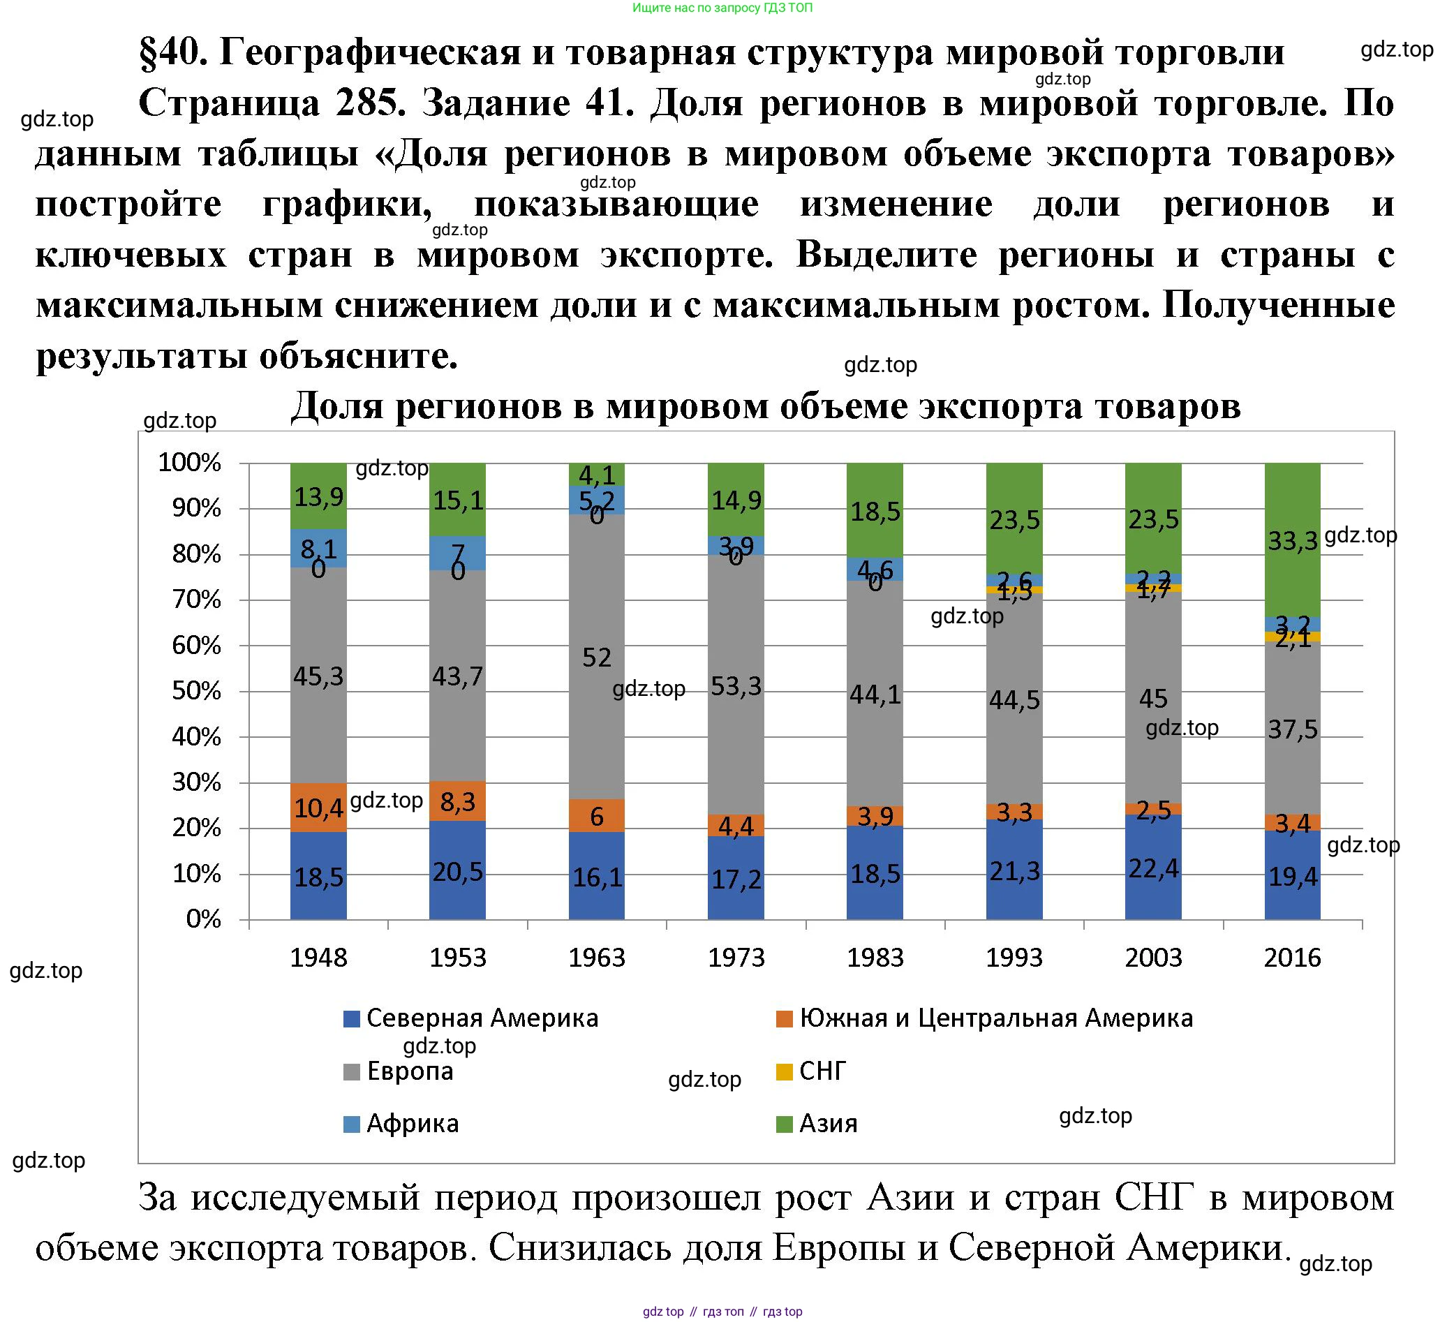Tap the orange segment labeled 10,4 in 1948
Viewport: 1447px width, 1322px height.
[318, 808]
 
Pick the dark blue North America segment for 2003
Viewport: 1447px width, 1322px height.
[1152, 868]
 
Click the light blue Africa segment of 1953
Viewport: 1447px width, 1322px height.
[457, 553]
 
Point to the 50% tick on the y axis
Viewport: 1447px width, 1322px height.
[196, 691]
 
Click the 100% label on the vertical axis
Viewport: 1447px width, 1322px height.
[189, 463]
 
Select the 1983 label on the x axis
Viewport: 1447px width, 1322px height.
[875, 958]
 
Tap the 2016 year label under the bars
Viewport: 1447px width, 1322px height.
[1292, 958]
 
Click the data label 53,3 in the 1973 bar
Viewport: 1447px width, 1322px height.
[736, 687]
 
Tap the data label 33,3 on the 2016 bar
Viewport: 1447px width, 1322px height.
[1292, 540]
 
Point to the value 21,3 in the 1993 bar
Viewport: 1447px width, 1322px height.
[1014, 870]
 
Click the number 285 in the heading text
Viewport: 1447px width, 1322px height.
[366, 103]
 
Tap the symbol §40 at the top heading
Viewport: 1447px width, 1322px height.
[173, 52]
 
